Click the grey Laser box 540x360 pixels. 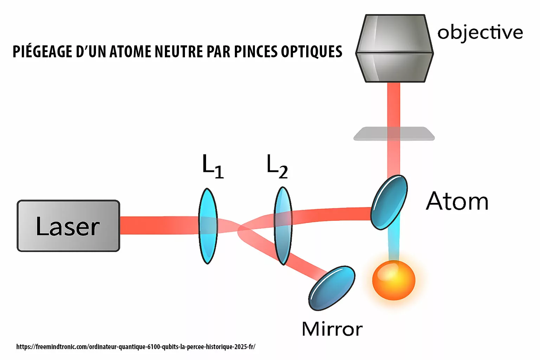coord(68,226)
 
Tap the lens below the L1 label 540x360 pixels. coord(208,226)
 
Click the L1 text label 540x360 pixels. coord(213,167)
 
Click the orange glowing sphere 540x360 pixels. coord(394,281)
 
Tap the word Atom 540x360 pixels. coord(457,201)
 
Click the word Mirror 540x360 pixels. coord(332,329)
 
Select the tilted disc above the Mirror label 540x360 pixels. coord(332,288)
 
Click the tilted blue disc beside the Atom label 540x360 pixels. coord(389,202)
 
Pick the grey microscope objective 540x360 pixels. coord(394,49)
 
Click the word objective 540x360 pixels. coord(480,33)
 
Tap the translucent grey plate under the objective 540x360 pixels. coord(394,134)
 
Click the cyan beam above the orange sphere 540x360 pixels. coord(394,244)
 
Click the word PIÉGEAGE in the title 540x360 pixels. coord(42,52)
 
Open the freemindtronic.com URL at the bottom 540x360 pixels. coord(136,347)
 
